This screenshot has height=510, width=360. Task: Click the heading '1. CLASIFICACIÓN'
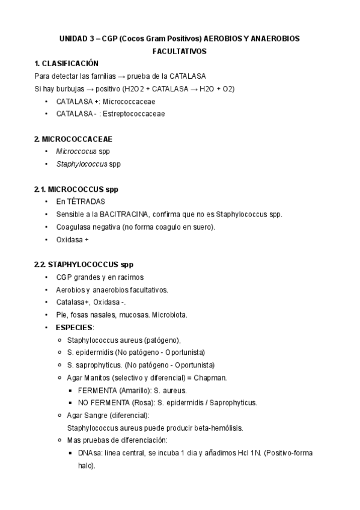pyautogui.click(x=66, y=64)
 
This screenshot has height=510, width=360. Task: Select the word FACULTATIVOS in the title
pyautogui.click(x=180, y=51)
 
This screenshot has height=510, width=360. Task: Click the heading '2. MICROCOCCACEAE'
pyautogui.click(x=73, y=139)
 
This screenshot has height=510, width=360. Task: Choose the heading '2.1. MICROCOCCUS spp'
pyautogui.click(x=76, y=189)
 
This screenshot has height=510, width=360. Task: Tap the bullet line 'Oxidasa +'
pyautogui.click(x=72, y=240)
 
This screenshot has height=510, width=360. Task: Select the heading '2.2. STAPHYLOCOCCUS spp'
pyautogui.click(x=84, y=265)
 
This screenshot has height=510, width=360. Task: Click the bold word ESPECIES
pyautogui.click(x=75, y=328)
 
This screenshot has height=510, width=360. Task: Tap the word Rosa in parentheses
pyautogui.click(x=141, y=403)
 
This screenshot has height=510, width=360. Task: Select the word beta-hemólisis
pyautogui.click(x=218, y=428)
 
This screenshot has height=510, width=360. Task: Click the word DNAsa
pyautogui.click(x=88, y=453)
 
